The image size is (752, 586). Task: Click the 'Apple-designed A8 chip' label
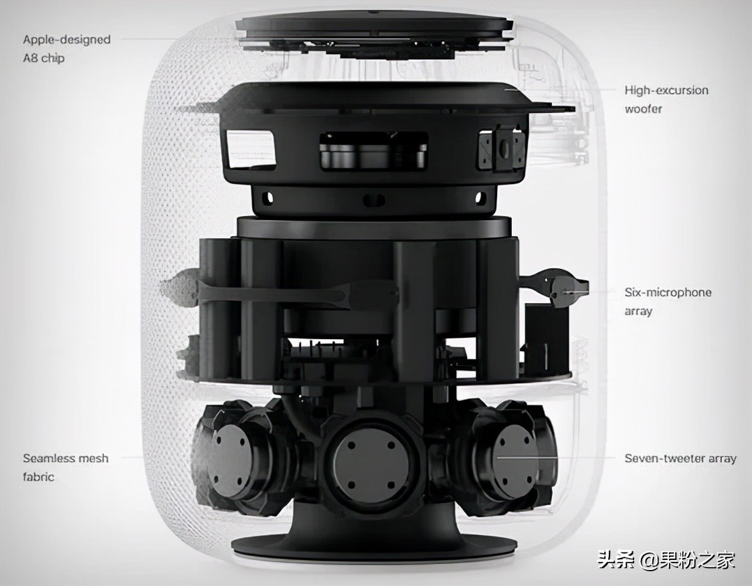click(67, 48)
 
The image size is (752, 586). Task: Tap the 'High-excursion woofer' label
click(666, 99)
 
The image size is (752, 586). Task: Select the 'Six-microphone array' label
click(668, 302)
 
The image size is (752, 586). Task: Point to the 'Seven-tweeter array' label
click(680, 458)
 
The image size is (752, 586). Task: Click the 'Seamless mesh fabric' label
click(66, 468)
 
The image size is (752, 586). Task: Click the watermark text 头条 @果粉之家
click(666, 560)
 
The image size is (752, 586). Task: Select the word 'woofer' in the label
click(643, 109)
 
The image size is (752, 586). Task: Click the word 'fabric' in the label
click(38, 477)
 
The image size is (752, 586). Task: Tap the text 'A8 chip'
click(43, 58)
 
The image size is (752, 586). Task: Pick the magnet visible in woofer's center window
click(372, 157)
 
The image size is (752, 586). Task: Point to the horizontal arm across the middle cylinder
click(297, 291)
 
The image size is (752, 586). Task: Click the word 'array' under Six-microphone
click(638, 311)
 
